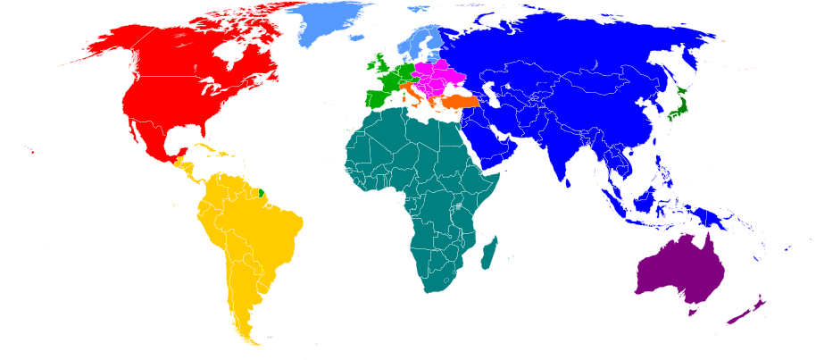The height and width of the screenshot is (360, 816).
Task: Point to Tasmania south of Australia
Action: tap(689, 311)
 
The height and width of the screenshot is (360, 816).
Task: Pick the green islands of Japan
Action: tap(679, 104)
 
